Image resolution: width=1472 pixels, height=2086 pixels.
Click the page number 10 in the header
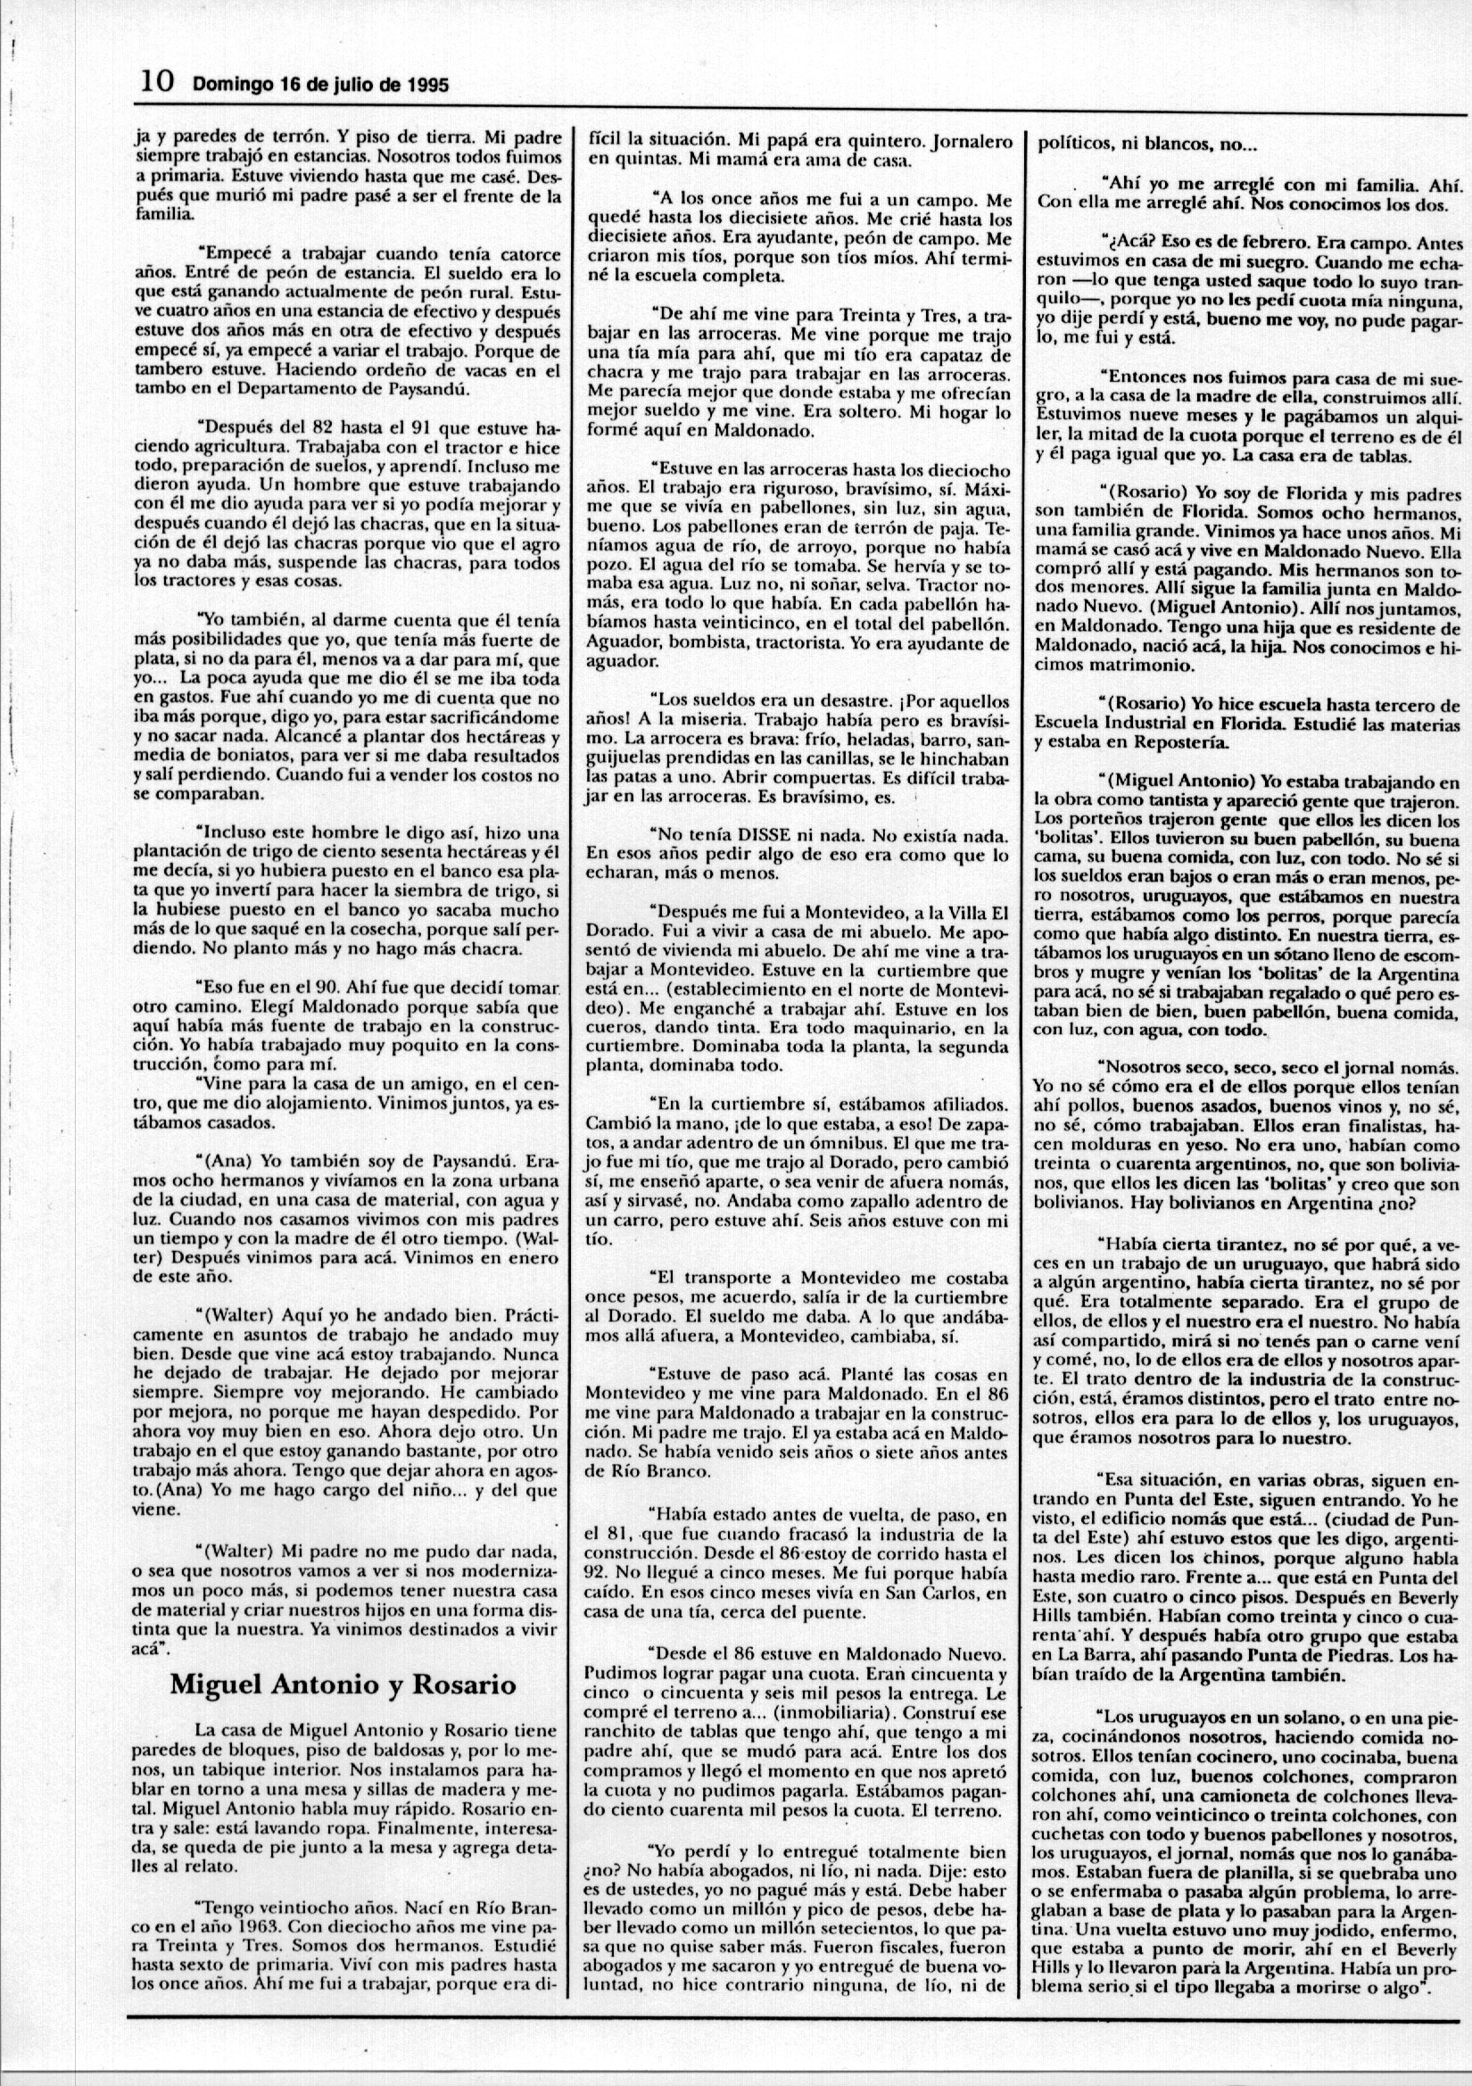(x=156, y=83)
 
